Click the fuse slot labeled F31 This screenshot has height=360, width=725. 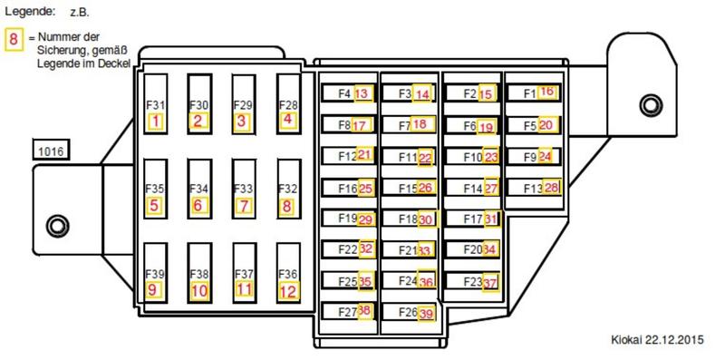click(x=156, y=103)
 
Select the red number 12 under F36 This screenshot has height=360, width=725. click(x=287, y=291)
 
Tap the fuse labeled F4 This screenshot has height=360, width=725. click(x=348, y=93)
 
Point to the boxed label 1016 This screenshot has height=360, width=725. click(x=51, y=151)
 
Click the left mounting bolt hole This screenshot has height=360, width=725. click(x=57, y=227)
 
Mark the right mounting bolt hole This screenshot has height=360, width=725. click(x=651, y=105)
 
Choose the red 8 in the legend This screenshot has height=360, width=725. click(x=14, y=39)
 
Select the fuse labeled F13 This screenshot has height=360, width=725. click(x=535, y=188)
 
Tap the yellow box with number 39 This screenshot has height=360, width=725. click(x=426, y=313)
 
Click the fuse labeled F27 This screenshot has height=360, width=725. click(x=348, y=311)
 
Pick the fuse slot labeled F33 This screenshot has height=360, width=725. click(x=244, y=189)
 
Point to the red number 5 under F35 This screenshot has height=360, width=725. click(x=154, y=205)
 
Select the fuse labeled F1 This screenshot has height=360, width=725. click(x=535, y=92)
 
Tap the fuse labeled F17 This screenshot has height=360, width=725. click(x=473, y=219)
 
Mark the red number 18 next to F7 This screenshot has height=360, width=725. click(x=420, y=124)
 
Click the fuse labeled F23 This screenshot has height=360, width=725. click(x=473, y=281)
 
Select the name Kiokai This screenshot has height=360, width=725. click(x=626, y=340)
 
